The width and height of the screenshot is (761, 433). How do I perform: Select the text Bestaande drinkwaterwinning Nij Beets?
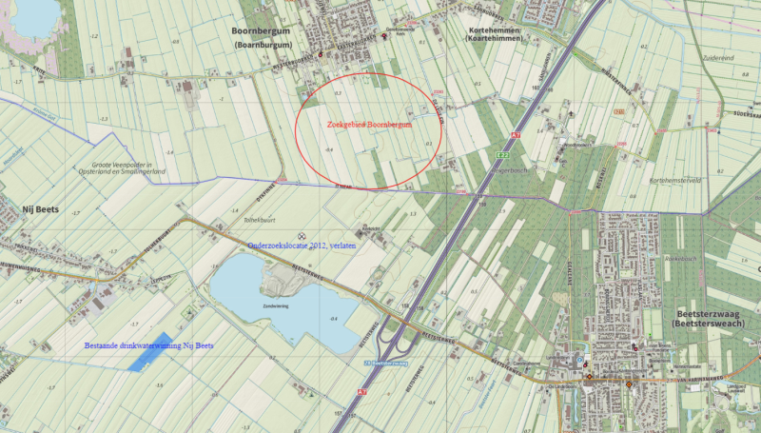click(x=148, y=345)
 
